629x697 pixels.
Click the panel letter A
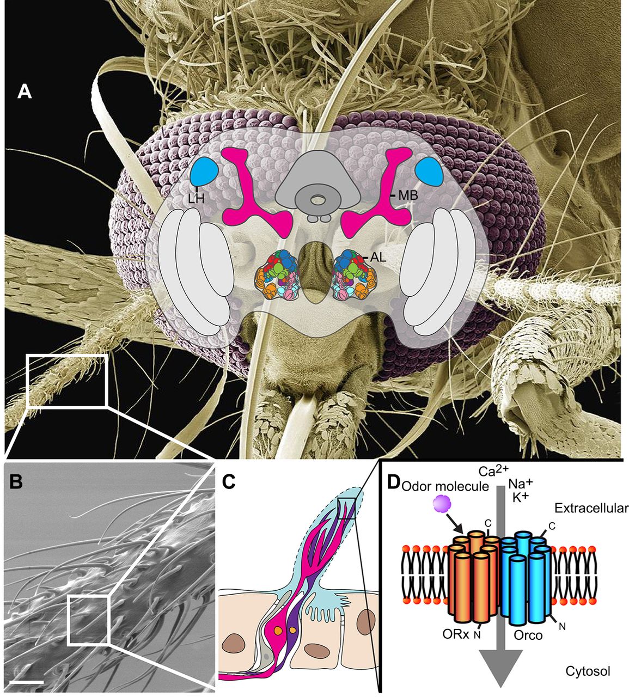coord(25,91)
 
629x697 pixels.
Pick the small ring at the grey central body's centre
coord(316,200)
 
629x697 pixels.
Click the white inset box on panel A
coord(67,380)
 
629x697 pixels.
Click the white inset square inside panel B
coord(89,620)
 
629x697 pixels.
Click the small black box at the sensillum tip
coord(346,508)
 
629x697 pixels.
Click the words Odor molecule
coord(445,486)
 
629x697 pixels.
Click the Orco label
coord(528,635)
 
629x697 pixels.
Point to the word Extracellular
coord(591,508)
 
